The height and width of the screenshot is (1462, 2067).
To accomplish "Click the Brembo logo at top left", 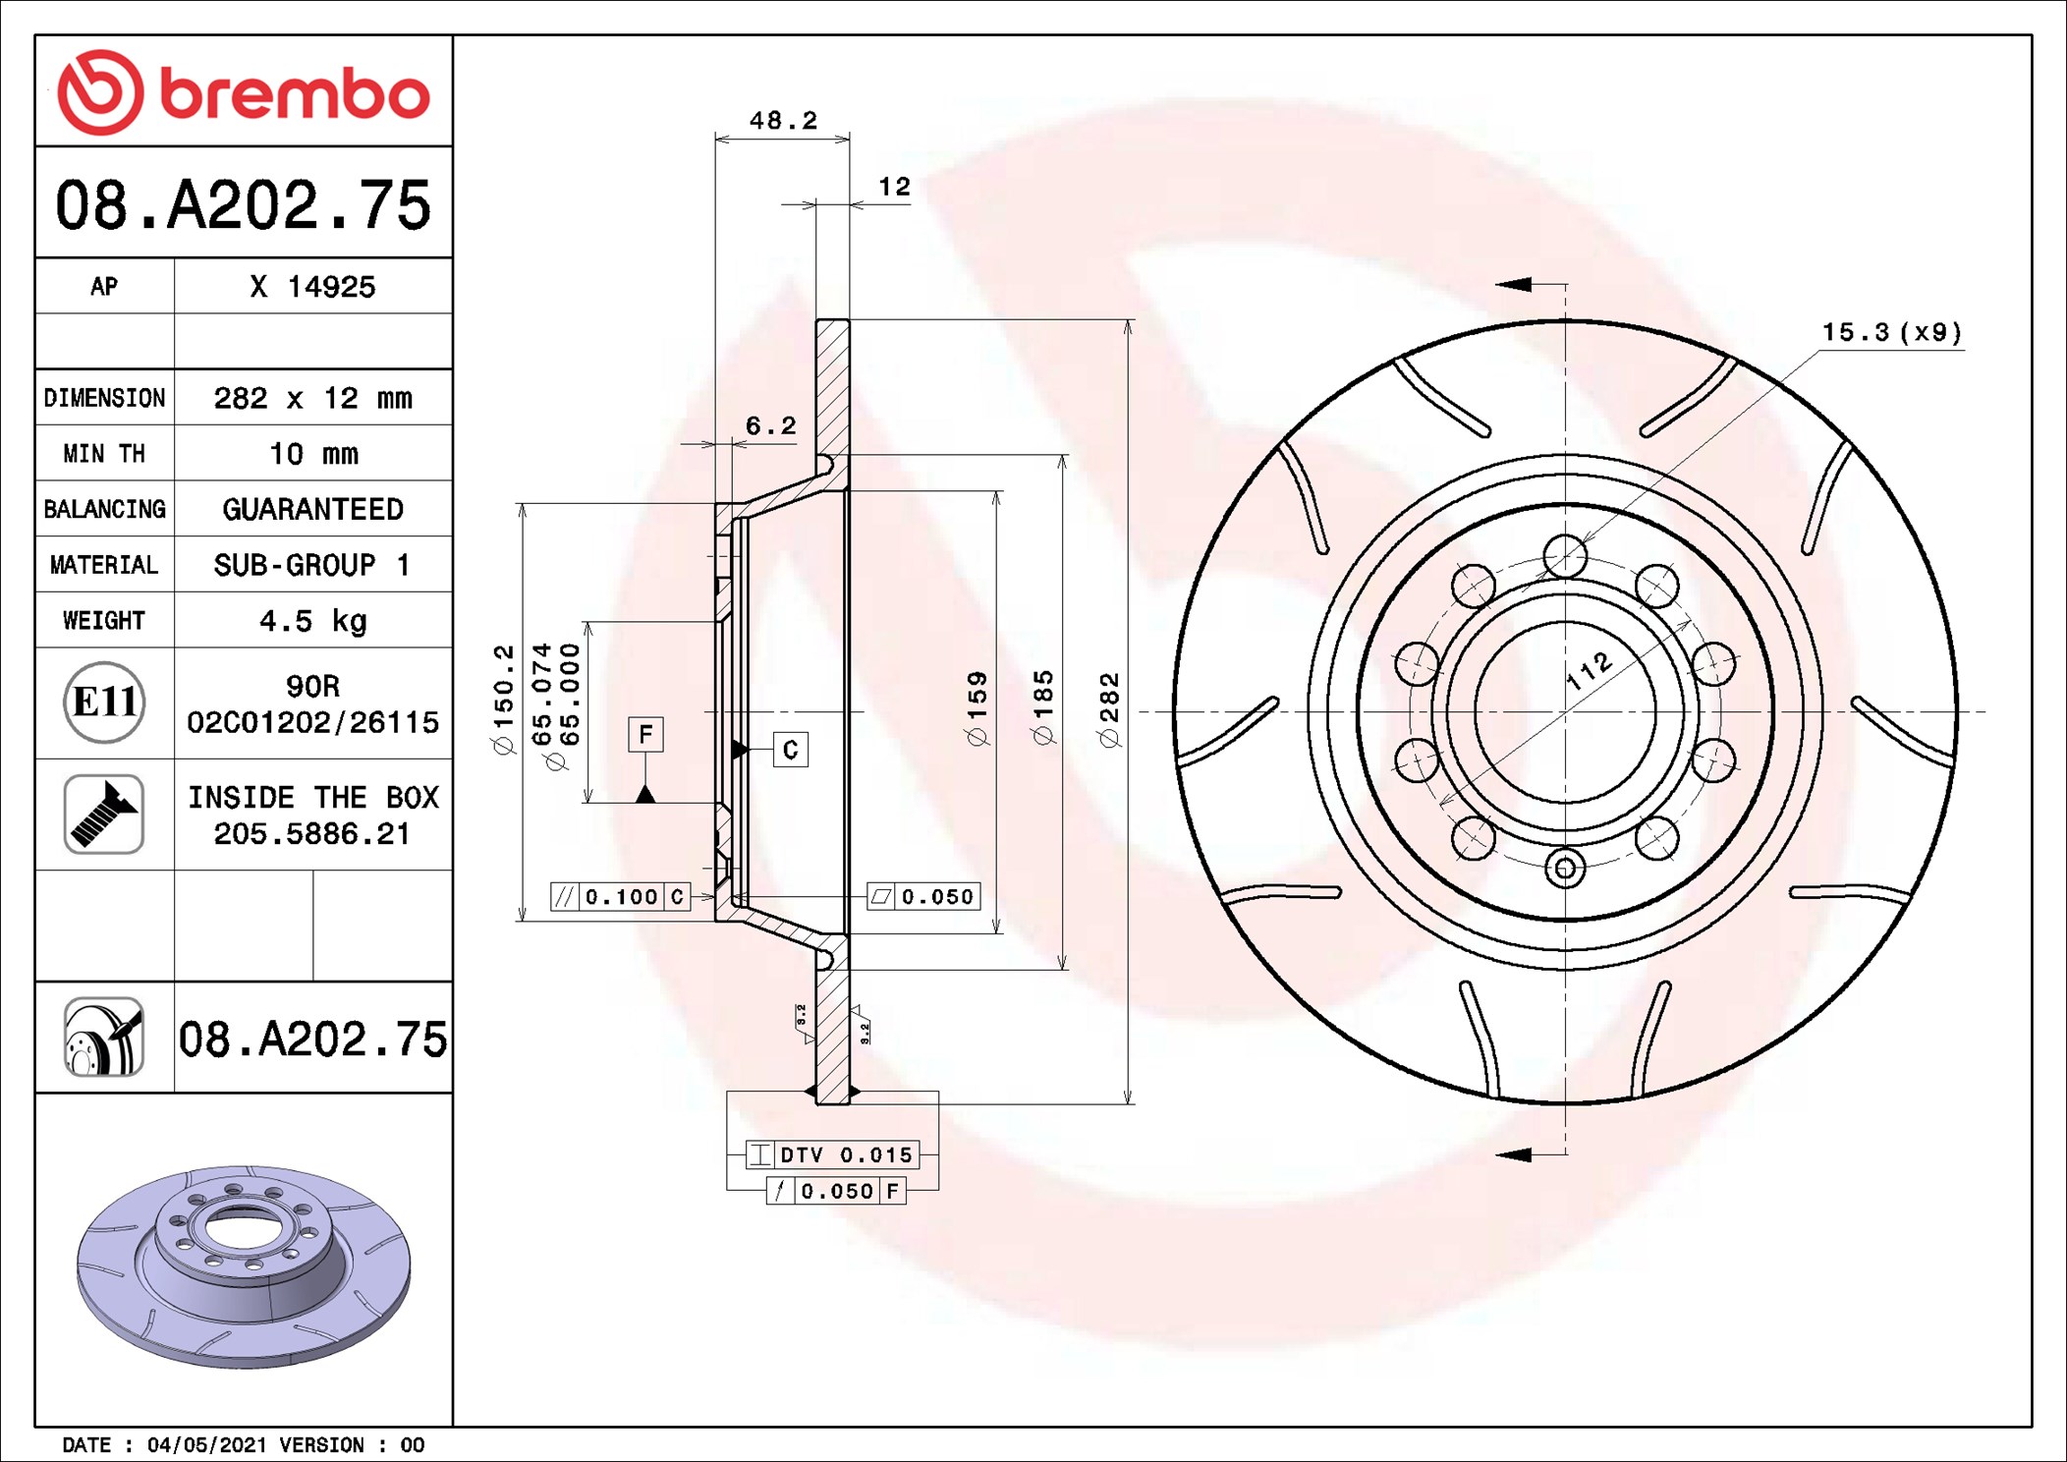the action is (x=244, y=92).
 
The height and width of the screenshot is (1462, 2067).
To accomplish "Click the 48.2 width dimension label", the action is (x=783, y=121).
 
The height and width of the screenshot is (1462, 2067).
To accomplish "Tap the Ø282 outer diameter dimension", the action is (x=1109, y=710).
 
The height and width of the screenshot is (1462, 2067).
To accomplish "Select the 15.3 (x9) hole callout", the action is (x=1892, y=332).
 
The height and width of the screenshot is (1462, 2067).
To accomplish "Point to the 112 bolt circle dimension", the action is (x=1589, y=671).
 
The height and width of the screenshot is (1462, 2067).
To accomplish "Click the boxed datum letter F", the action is (x=645, y=734).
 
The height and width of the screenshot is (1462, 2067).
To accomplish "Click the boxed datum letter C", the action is (x=791, y=751).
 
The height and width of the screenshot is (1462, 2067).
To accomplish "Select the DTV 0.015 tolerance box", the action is (x=833, y=1154).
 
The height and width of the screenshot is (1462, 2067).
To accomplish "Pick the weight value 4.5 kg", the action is (x=313, y=621).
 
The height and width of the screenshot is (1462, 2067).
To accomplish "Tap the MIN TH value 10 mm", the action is (x=313, y=454).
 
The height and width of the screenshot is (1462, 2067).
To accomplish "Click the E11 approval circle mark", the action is (x=104, y=703).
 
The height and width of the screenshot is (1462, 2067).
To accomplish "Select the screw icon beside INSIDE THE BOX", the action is (x=104, y=815).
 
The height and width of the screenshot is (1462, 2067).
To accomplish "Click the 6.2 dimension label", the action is (x=771, y=426).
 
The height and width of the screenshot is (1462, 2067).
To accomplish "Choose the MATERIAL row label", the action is (x=104, y=565).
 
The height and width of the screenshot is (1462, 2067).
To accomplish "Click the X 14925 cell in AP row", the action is (x=312, y=287).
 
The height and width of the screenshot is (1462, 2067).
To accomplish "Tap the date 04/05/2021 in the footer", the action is (x=206, y=1445).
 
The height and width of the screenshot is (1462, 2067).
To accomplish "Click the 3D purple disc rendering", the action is (x=244, y=1267).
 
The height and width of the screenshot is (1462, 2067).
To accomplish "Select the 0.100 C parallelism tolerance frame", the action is (x=620, y=897).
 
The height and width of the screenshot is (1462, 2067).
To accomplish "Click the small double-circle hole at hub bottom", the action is (x=1565, y=869).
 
